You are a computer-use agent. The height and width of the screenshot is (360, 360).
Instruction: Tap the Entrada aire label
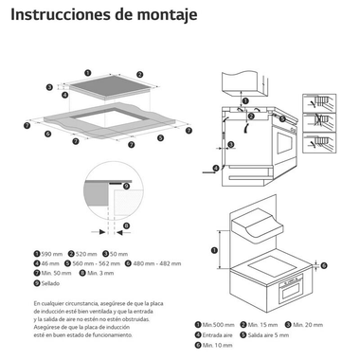(221, 333)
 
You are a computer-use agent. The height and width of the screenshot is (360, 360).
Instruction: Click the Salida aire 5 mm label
(277, 333)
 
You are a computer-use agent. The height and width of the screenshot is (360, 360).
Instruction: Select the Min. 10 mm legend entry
(220, 343)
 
